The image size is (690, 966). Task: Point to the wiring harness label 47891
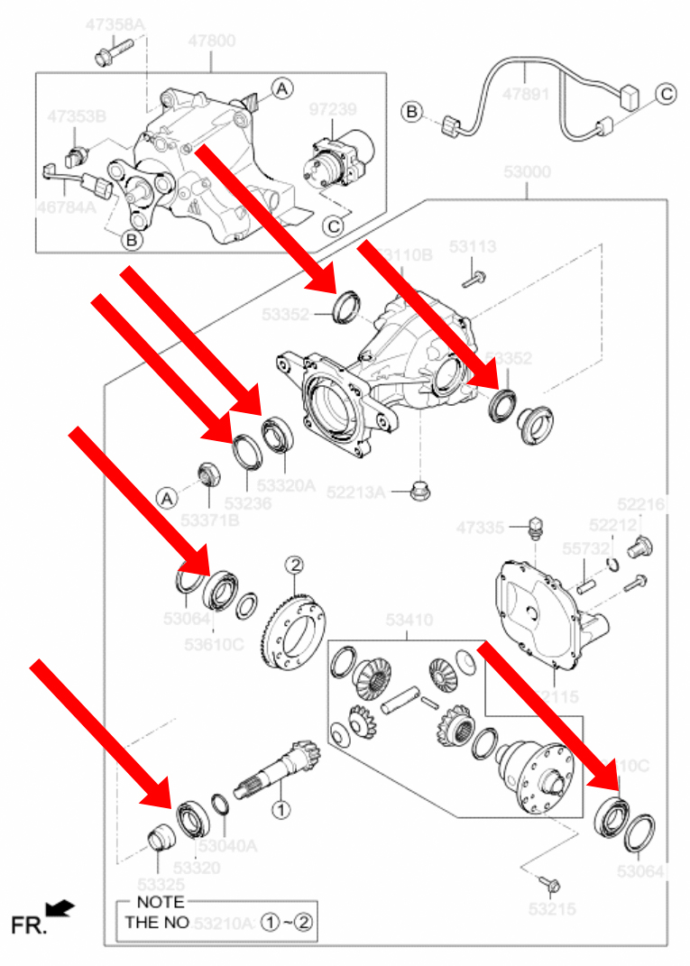pos(527,93)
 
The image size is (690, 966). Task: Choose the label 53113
pos(473,245)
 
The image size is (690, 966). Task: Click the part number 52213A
pos(362,492)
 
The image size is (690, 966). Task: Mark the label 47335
pos(479,527)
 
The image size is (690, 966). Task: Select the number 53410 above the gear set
pos(410,620)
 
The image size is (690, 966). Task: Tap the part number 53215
pos(550,909)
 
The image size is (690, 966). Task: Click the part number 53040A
pos(228,846)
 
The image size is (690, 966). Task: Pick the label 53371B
pos(210,520)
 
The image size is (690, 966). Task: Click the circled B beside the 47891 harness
pos(412,112)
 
